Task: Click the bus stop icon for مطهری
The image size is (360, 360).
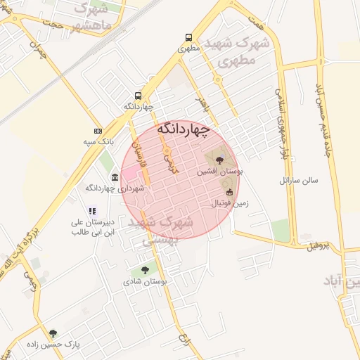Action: click(x=188, y=38)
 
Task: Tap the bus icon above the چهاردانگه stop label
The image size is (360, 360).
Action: click(x=137, y=96)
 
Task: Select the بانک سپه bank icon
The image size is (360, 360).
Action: click(x=98, y=131)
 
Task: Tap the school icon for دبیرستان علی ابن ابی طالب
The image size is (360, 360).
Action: click(x=91, y=210)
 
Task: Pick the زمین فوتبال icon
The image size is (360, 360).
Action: click(x=229, y=192)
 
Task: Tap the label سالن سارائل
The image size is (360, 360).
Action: click(x=298, y=180)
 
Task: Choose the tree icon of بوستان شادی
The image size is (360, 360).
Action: click(x=145, y=269)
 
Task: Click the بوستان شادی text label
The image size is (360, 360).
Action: click(x=148, y=281)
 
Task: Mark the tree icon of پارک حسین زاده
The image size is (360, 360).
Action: click(x=53, y=333)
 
